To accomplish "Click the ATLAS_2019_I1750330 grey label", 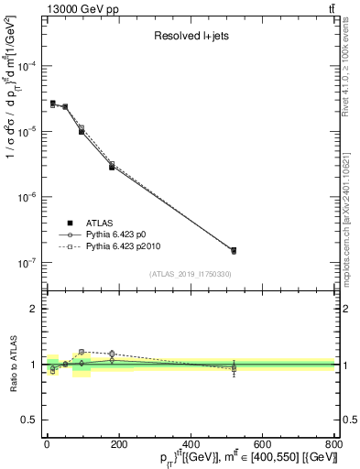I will pyautogui.click(x=191, y=274).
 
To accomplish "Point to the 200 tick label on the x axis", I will pyautogui.click(x=118, y=444).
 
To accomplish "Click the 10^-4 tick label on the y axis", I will pyautogui.click(x=27, y=67).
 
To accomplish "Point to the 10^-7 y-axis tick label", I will pyautogui.click(x=27, y=263).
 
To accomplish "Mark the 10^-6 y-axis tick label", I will pyautogui.click(x=27, y=198).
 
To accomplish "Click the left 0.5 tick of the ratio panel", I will pyautogui.click(x=31, y=420).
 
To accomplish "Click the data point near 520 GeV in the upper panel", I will pyautogui.click(x=234, y=250).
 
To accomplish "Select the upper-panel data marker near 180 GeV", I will pyautogui.click(x=112, y=167).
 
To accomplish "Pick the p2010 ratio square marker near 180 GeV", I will pyautogui.click(x=112, y=353).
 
